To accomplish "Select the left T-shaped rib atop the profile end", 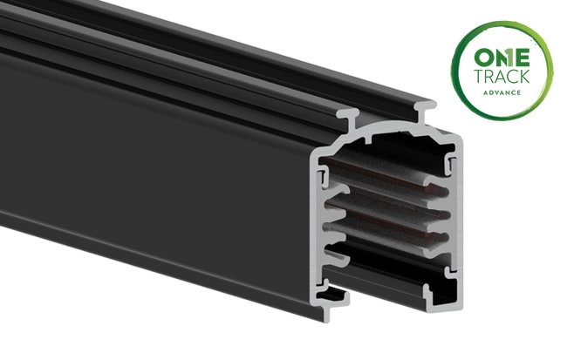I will click(350, 116).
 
